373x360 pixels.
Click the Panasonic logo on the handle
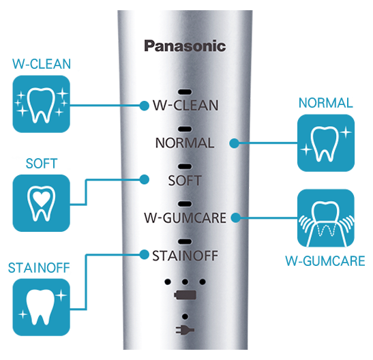(x=185, y=46)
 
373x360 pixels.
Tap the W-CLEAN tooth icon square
(x=41, y=104)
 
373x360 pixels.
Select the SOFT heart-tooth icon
(x=41, y=203)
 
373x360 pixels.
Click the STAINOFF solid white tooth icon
(x=41, y=307)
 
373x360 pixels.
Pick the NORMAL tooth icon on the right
(x=326, y=143)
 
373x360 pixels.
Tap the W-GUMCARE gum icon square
(x=326, y=218)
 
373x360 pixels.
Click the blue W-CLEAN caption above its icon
(x=42, y=63)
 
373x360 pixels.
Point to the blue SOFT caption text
(x=42, y=164)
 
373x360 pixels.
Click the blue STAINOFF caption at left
(x=39, y=268)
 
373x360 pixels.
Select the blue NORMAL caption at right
(x=326, y=103)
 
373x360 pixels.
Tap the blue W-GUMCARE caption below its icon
(x=325, y=261)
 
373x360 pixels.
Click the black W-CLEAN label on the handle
(x=185, y=105)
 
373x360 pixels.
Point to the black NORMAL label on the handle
(x=185, y=143)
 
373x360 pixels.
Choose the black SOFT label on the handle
(x=185, y=181)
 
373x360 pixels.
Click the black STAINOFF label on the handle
(x=185, y=256)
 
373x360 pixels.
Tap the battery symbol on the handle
(x=185, y=295)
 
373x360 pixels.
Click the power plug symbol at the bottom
(x=185, y=330)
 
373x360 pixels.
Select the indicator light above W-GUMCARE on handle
(x=185, y=204)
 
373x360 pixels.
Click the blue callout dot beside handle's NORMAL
(x=235, y=143)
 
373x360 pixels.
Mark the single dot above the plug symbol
(x=185, y=316)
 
